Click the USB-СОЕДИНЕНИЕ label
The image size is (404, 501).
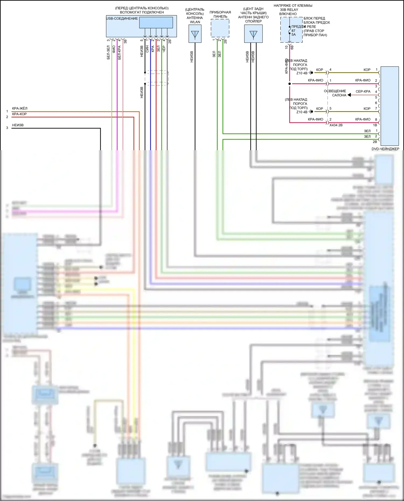[122, 19]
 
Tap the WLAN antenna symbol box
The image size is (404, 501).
[195, 34]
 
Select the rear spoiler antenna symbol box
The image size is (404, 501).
[253, 34]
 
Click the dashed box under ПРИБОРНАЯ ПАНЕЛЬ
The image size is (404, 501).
[220, 28]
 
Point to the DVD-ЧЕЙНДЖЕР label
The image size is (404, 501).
[385, 149]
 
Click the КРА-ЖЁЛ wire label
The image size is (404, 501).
[20, 108]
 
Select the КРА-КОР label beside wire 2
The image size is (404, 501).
[19, 114]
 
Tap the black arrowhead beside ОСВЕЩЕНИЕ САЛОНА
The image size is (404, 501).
[349, 95]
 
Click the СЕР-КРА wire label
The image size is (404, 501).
[363, 92]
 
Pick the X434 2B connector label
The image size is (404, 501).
[336, 125]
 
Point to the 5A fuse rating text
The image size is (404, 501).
[294, 34]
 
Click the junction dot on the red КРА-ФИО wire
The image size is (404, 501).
[290, 84]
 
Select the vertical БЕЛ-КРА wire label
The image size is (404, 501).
[119, 52]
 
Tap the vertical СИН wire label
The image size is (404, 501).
[147, 49]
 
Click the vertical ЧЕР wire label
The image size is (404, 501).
[164, 49]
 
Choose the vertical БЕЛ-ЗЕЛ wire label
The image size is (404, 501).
[108, 52]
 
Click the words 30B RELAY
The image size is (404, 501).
[289, 10]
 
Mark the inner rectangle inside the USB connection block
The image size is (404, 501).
[156, 23]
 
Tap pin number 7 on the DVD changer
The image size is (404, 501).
[376, 108]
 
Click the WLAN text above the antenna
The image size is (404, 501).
[195, 22]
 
